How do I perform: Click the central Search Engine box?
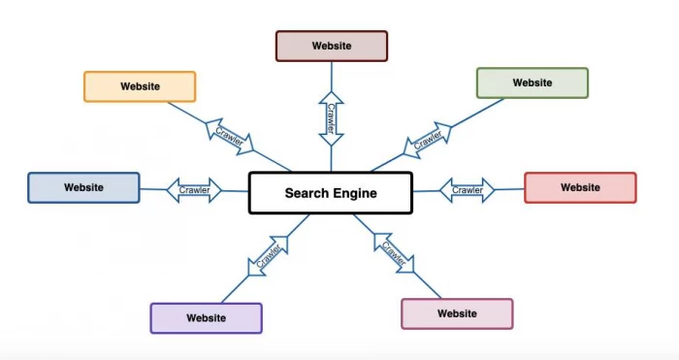331,193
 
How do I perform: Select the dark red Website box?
331,46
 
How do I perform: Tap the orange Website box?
140,86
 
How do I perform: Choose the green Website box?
532,82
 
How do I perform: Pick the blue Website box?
83,187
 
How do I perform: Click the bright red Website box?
580,187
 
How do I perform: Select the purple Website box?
206,318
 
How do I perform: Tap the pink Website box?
457,313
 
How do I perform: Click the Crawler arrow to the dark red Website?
331,118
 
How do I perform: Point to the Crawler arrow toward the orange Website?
229,136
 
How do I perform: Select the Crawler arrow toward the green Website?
428,138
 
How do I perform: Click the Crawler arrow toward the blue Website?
194,190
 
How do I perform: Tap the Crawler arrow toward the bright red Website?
468,190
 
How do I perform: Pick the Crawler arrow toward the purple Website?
268,255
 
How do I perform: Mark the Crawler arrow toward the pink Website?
393,251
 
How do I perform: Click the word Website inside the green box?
532,82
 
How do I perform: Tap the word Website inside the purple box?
206,318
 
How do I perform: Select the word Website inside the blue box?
83,187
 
